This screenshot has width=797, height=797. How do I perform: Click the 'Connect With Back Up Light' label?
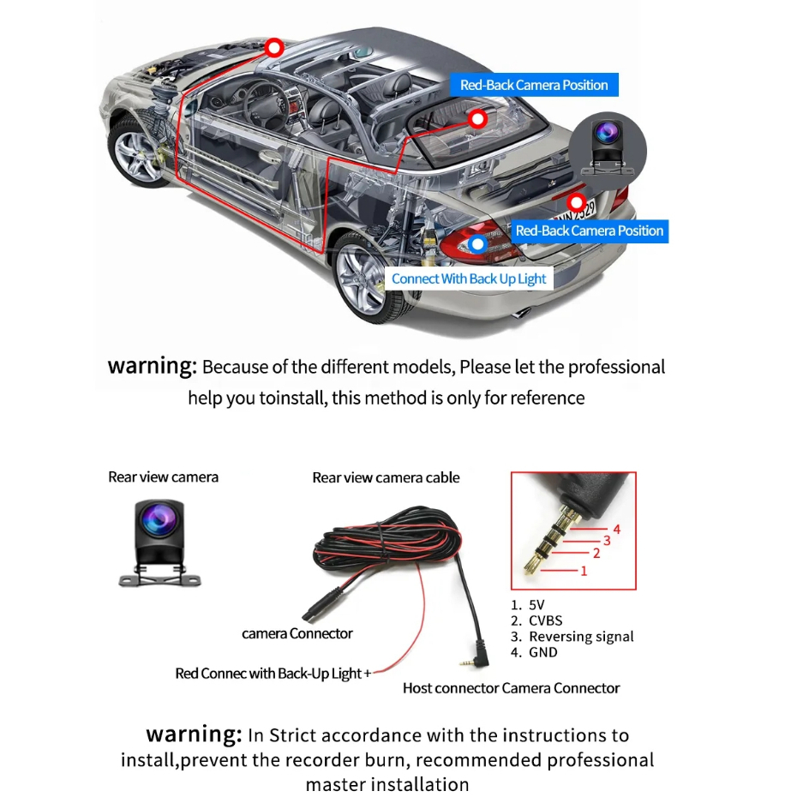tap(469, 279)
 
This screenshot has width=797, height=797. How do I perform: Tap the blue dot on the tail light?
tap(478, 243)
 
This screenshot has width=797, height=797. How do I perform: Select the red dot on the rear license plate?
tap(577, 203)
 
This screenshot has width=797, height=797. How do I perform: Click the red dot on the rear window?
tap(477, 118)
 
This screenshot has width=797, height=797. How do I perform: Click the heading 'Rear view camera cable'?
tap(386, 477)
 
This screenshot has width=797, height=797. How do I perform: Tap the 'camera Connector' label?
tap(297, 633)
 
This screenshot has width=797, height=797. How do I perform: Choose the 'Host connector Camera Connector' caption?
tap(511, 687)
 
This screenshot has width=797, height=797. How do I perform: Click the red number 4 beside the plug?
tap(616, 529)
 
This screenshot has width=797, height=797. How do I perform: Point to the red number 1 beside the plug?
tap(584, 570)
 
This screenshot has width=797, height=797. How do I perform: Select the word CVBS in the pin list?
tap(545, 620)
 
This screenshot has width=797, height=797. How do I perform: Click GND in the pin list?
tap(542, 652)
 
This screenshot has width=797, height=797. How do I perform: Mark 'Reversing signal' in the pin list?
tap(581, 636)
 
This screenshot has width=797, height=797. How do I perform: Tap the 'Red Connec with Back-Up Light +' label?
tap(273, 674)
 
